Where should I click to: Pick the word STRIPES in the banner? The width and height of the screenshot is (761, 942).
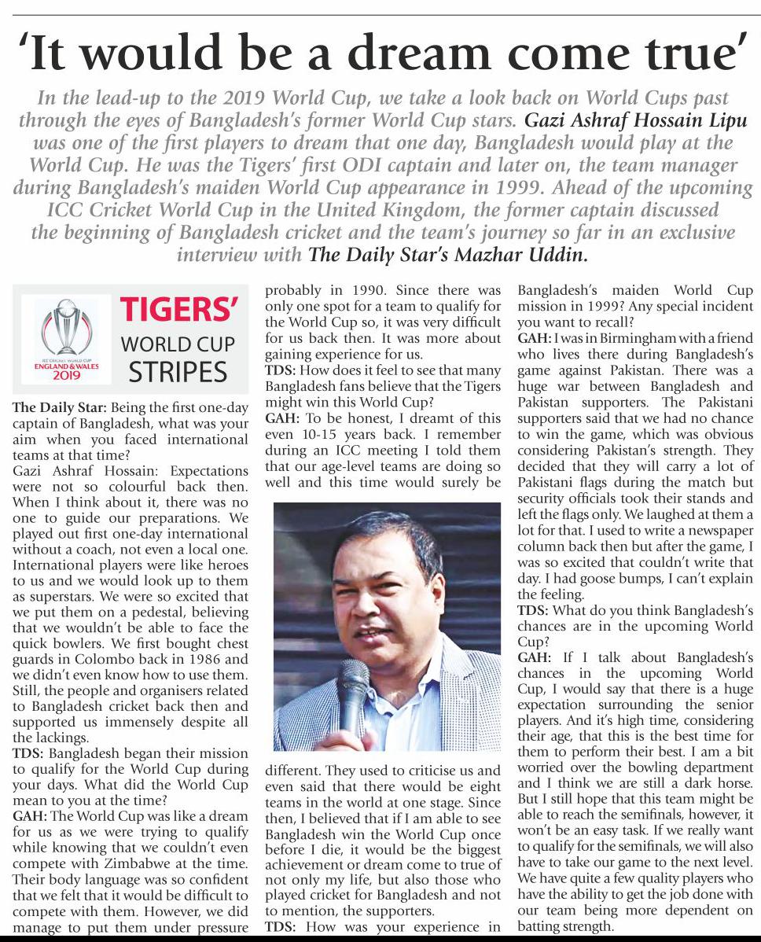[x=178, y=371]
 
